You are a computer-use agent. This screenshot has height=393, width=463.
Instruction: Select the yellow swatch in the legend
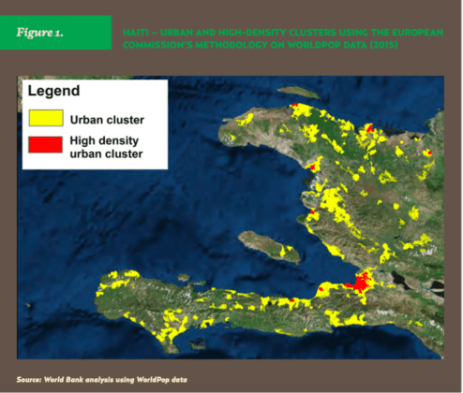click(x=45, y=119)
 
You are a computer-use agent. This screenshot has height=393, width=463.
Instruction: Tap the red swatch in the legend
click(x=45, y=144)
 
